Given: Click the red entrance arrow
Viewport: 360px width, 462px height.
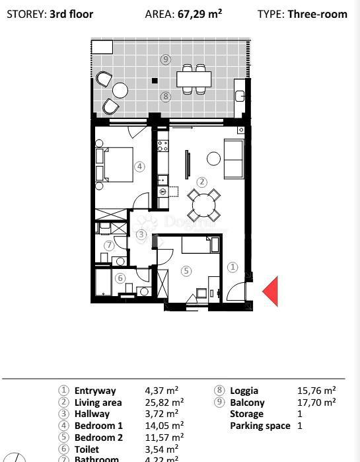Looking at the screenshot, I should (271, 291).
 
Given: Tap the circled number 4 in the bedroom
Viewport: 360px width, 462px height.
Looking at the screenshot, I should (139, 167).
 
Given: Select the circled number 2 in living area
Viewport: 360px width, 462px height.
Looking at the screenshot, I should (202, 182).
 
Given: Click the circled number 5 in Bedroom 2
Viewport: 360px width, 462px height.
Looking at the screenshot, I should (186, 270).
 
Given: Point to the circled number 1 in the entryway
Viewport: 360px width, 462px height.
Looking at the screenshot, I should (232, 267).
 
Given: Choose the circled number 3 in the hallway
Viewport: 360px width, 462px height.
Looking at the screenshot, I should (141, 234).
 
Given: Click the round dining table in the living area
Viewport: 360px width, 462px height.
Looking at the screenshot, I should (203, 206).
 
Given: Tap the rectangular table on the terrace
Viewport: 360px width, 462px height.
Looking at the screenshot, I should (194, 79).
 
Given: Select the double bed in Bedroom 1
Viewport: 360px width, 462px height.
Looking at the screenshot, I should (113, 164).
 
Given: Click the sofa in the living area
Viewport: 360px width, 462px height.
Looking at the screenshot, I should (234, 159).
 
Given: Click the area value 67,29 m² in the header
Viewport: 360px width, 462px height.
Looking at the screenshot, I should (199, 13).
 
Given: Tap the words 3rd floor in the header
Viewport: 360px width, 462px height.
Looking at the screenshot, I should (71, 13).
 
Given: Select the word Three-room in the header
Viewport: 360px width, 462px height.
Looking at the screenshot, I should (317, 13).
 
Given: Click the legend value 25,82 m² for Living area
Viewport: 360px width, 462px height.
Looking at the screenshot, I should (164, 402).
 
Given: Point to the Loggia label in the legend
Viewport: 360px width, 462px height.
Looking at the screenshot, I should (244, 391).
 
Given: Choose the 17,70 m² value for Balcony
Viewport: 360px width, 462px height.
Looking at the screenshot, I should (316, 402).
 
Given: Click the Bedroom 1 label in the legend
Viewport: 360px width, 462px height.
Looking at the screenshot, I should (98, 426).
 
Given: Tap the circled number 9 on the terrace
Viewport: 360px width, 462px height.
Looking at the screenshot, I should (166, 59).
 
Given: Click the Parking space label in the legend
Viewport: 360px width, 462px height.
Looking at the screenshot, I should (260, 426).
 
